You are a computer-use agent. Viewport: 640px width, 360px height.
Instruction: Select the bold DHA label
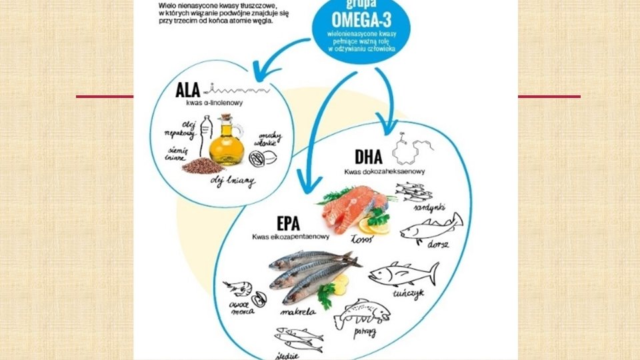click(368, 157)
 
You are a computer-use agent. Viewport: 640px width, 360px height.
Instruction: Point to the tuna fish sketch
click(403, 273)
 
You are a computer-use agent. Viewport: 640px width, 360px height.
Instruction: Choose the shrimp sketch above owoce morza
click(239, 289)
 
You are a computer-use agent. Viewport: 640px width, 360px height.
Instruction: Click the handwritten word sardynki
click(429, 208)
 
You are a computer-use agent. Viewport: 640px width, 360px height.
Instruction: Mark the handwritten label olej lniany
click(225, 181)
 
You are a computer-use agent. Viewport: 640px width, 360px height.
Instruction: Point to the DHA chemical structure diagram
click(419, 147)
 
